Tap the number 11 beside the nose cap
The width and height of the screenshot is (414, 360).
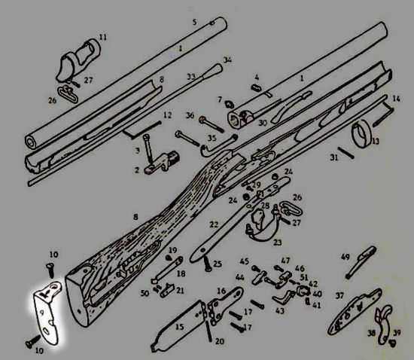pyautogui.click(x=103, y=37)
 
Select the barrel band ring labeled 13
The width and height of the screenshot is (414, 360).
pyautogui.click(x=361, y=133)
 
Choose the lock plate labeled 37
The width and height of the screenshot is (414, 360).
pyautogui.click(x=355, y=313)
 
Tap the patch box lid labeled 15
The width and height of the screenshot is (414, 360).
pyautogui.click(x=180, y=325)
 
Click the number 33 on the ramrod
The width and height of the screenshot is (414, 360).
pyautogui.click(x=191, y=77)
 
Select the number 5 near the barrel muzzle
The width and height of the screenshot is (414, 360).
pyautogui.click(x=195, y=22)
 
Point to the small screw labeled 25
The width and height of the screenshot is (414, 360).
pyautogui.click(x=207, y=264)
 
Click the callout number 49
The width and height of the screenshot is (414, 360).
pyautogui.click(x=346, y=257)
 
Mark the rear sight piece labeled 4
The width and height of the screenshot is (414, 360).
pyautogui.click(x=256, y=87)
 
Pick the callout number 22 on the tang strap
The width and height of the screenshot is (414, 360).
pyautogui.click(x=214, y=224)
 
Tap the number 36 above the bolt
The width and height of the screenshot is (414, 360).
pyautogui.click(x=190, y=115)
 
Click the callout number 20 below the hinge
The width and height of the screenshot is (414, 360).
pyautogui.click(x=220, y=341)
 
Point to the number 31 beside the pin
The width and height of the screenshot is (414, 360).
pyautogui.click(x=334, y=157)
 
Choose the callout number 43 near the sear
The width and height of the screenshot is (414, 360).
pyautogui.click(x=280, y=310)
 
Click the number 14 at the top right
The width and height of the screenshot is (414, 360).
pyautogui.click(x=396, y=99)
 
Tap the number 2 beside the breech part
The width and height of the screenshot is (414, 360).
pyautogui.click(x=137, y=169)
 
